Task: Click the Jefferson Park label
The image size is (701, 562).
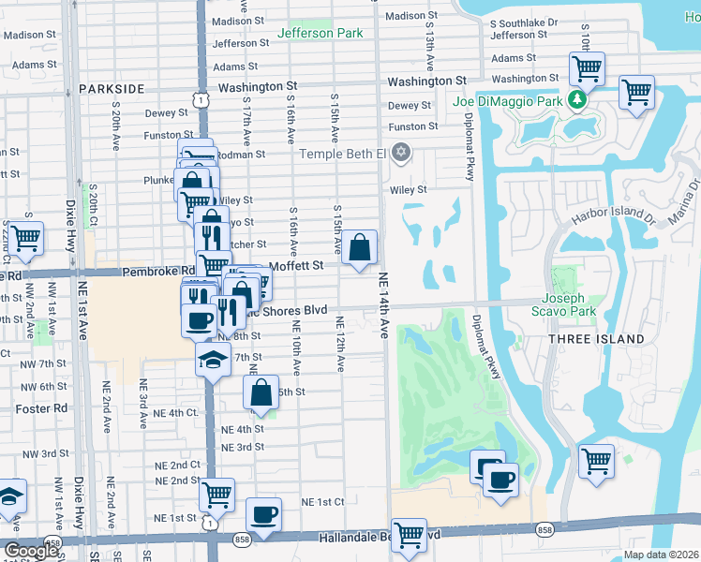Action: [x=320, y=33]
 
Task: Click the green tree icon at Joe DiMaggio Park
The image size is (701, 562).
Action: [x=578, y=98]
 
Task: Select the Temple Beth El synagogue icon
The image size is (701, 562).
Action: [x=401, y=153]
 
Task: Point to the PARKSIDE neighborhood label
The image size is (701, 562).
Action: [x=112, y=88]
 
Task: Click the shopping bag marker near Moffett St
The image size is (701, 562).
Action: [x=360, y=248]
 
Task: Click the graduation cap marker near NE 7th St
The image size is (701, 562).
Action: [x=214, y=360]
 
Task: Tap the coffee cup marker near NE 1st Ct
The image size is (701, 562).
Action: [x=264, y=515]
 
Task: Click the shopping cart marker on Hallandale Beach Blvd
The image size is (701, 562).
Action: [x=409, y=536]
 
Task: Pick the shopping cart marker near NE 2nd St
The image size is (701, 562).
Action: [x=216, y=493]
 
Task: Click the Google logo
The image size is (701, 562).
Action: [x=32, y=551]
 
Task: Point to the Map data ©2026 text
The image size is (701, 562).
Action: [x=661, y=555]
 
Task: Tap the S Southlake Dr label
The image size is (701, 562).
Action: [x=524, y=21]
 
